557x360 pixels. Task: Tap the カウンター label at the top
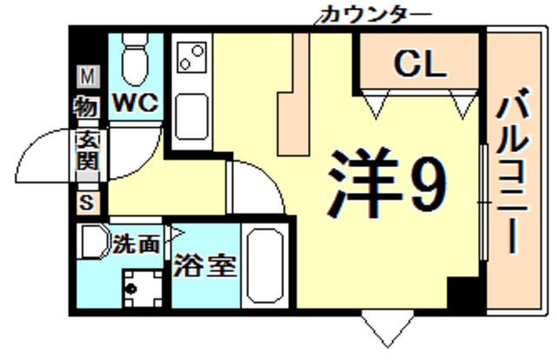(x=375, y=14)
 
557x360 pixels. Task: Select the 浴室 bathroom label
(x=205, y=266)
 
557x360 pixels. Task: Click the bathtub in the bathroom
(x=266, y=266)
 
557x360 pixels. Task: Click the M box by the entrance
(x=87, y=77)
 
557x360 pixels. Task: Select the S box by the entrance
(x=86, y=203)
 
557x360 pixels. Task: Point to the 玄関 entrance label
(x=87, y=150)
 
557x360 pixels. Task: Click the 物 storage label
(x=87, y=108)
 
